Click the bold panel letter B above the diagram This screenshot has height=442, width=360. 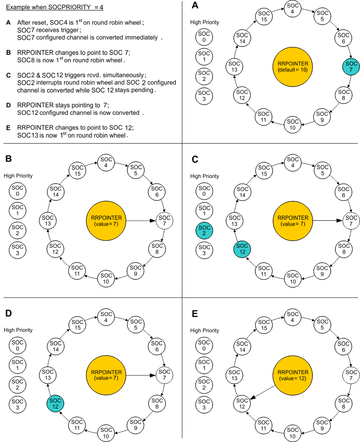point(8,159)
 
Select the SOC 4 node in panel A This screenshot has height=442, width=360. point(293,8)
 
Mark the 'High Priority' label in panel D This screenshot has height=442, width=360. point(18,330)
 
